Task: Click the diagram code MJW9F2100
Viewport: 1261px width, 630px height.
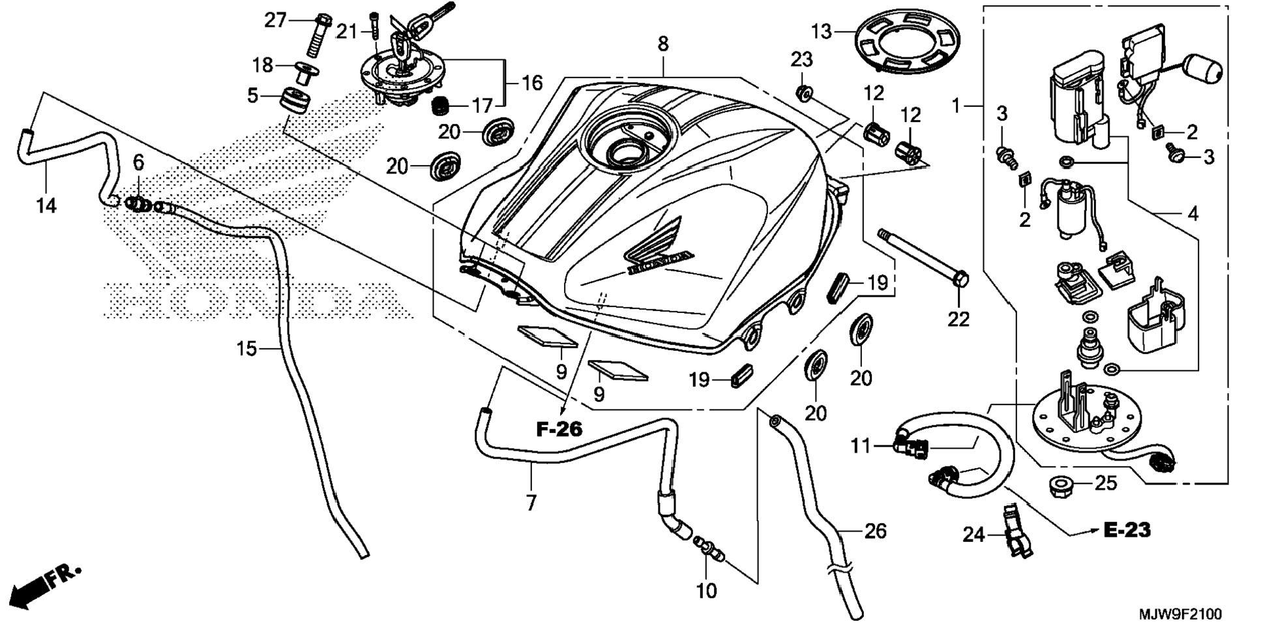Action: click(1180, 614)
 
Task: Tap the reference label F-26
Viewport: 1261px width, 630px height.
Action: click(559, 429)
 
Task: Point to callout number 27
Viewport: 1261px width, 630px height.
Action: click(275, 20)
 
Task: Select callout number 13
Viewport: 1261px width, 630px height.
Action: click(822, 31)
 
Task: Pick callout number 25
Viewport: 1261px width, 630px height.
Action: click(1106, 483)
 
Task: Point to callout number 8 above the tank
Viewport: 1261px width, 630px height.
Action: click(662, 44)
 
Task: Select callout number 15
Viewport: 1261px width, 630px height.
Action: click(246, 349)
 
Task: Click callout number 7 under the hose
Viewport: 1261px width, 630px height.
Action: click(531, 503)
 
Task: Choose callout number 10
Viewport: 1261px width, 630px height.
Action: click(707, 591)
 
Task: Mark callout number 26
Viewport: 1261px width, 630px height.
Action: click(875, 531)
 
